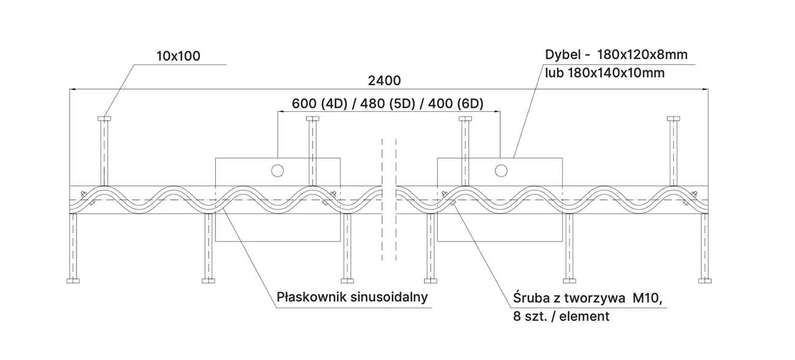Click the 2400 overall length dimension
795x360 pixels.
[385, 81]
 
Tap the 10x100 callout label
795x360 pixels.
[179, 56]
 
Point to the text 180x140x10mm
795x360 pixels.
[616, 73]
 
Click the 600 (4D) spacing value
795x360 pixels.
[319, 103]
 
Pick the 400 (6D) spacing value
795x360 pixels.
[456, 103]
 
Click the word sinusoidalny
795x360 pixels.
[389, 297]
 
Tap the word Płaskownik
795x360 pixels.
[312, 297]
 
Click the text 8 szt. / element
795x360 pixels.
[561, 317]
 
